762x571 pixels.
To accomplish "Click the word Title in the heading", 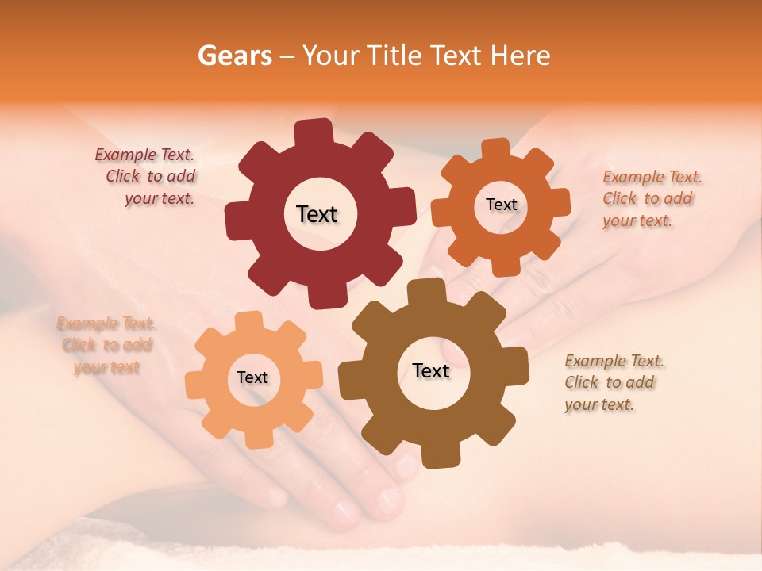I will (396, 56).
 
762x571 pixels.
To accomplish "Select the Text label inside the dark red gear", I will (317, 214).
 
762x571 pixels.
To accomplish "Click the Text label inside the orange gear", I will (501, 205).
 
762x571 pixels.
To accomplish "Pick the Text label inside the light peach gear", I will (252, 377).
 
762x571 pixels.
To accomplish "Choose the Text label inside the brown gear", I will (431, 370).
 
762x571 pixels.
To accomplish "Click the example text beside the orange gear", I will (651, 198).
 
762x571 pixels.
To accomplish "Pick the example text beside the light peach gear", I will (106, 345).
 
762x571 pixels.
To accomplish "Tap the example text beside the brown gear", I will (613, 382).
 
